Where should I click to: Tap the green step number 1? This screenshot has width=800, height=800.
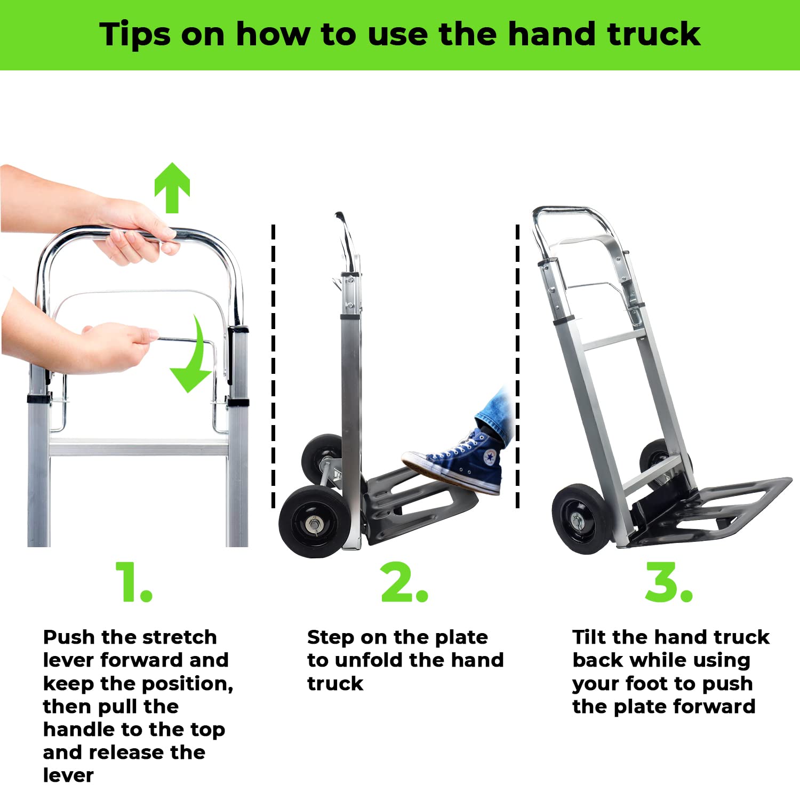[133, 582]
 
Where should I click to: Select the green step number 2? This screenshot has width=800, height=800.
[404, 582]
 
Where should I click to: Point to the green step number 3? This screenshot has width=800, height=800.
[668, 582]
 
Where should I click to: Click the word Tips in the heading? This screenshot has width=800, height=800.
[134, 35]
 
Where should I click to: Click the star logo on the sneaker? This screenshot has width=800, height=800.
[490, 458]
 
